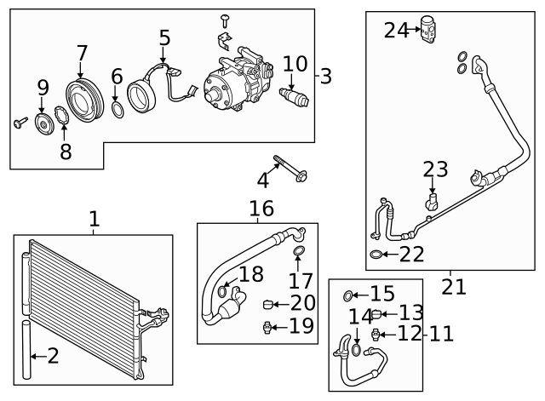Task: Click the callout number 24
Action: pyautogui.click(x=396, y=31)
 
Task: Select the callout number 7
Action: pyautogui.click(x=82, y=54)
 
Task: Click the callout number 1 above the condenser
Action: pyautogui.click(x=94, y=220)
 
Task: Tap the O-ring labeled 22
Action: pyautogui.click(x=376, y=254)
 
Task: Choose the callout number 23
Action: pyautogui.click(x=435, y=169)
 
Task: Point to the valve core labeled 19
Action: pyautogui.click(x=270, y=325)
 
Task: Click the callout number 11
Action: pyautogui.click(x=441, y=333)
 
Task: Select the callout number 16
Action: pyautogui.click(x=261, y=209)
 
